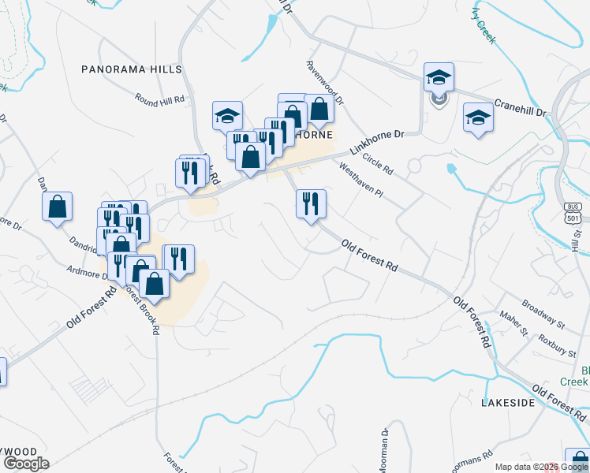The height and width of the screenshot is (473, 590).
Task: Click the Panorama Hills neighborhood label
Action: [132, 69]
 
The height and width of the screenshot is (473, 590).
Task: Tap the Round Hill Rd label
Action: [159, 99]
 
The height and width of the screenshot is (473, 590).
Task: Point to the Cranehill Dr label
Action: [520, 107]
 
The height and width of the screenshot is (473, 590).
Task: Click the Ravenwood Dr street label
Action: [325, 83]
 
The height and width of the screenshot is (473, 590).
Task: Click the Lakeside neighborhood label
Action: [508, 402]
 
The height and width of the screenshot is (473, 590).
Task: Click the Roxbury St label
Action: [551, 333]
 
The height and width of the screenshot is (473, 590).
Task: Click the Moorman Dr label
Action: [384, 449]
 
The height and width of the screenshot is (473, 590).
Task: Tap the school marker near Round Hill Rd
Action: [227, 116]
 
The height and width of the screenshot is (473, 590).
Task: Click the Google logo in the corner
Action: [25, 464]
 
